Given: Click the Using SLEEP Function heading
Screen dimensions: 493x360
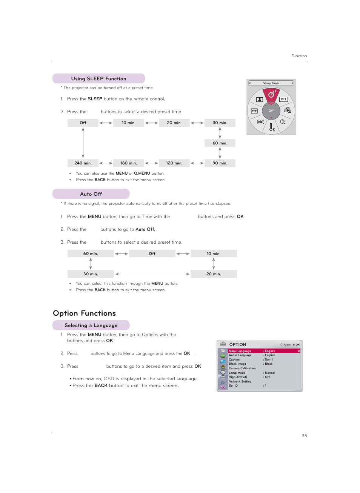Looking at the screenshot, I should [98, 78].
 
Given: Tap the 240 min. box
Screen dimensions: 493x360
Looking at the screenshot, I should [83, 163].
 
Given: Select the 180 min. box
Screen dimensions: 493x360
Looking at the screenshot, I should [128, 163].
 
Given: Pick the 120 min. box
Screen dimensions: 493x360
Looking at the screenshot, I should [174, 163].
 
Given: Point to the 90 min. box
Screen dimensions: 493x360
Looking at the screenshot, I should [220, 163].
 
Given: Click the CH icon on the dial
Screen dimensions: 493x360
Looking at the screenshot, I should [283, 99].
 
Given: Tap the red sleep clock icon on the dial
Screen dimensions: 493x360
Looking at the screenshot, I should [271, 94].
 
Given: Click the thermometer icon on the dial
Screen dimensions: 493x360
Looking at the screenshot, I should [271, 127].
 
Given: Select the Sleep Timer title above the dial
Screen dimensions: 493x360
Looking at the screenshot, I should [271, 83].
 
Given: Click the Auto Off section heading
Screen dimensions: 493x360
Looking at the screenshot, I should [91, 194].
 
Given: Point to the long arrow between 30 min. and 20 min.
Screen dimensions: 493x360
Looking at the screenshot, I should [152, 274].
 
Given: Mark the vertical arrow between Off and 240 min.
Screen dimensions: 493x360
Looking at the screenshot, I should [83, 143].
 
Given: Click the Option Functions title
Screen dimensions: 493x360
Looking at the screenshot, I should [85, 313].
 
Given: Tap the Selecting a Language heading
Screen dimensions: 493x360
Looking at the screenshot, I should [91, 325].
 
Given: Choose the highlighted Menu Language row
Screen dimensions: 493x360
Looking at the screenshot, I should [264, 351].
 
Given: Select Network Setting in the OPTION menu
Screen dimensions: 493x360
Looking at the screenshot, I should [240, 381].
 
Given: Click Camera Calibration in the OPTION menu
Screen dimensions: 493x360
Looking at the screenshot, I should [242, 368].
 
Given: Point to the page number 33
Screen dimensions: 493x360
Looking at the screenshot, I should [304, 436].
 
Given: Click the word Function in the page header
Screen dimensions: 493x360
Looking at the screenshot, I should [299, 56].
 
